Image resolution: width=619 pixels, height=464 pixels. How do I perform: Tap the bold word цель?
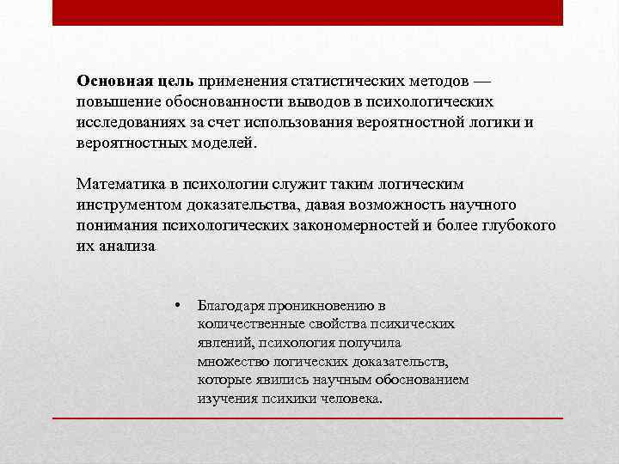tap(176, 81)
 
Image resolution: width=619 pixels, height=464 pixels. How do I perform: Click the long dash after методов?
tap(482, 81)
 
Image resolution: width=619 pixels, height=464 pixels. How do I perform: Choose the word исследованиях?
tap(129, 122)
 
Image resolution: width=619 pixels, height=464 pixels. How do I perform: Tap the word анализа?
tap(126, 246)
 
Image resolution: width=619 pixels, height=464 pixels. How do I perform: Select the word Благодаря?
tap(230, 305)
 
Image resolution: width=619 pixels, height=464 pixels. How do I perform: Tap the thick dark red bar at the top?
tap(308, 13)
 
